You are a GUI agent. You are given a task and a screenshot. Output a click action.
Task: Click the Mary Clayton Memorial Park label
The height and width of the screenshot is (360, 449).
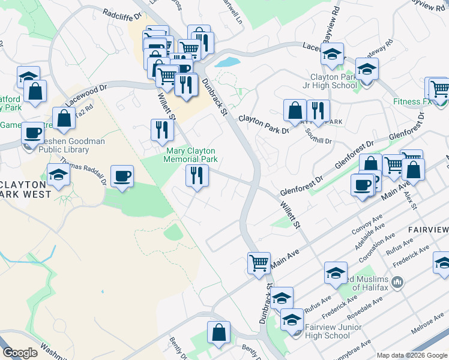[191, 155]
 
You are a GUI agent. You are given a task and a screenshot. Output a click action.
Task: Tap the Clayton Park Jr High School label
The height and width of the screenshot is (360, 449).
[334, 81]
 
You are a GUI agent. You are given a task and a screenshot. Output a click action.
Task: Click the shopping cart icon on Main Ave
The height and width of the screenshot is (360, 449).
[259, 262]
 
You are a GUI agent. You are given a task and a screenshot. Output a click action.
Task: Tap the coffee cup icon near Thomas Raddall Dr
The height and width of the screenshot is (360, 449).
[122, 176]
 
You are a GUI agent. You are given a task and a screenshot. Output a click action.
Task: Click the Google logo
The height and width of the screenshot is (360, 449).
[20, 353]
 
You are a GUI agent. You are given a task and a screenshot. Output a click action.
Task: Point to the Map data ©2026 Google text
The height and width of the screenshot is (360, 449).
[412, 355]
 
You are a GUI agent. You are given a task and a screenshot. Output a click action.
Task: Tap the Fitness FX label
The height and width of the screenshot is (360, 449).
[413, 101]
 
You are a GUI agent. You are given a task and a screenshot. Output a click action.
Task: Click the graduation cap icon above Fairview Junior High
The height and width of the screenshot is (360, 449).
[282, 297]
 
